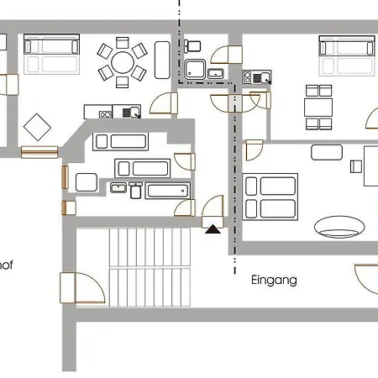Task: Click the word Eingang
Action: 274,281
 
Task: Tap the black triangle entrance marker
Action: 214,226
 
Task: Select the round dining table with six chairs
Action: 123,61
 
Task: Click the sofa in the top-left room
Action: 51,55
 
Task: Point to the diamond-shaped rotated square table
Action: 38,129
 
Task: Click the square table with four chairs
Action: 318,107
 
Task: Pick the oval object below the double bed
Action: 339,225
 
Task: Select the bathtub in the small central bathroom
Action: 168,190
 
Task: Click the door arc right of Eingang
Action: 366,278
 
